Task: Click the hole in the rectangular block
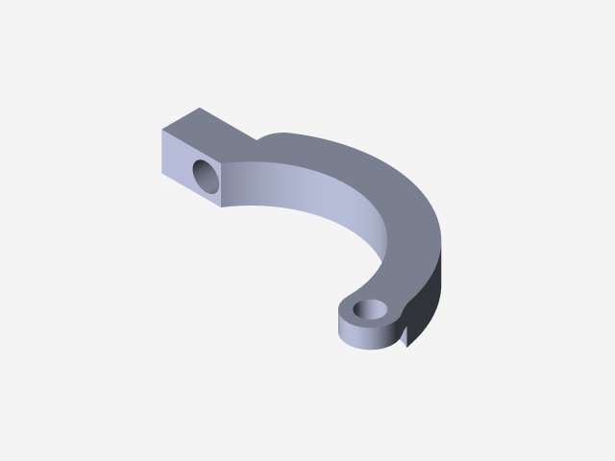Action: point(206,176)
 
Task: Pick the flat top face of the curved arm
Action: point(384,192)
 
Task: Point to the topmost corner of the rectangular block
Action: point(200,108)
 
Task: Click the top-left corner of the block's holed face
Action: point(161,128)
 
